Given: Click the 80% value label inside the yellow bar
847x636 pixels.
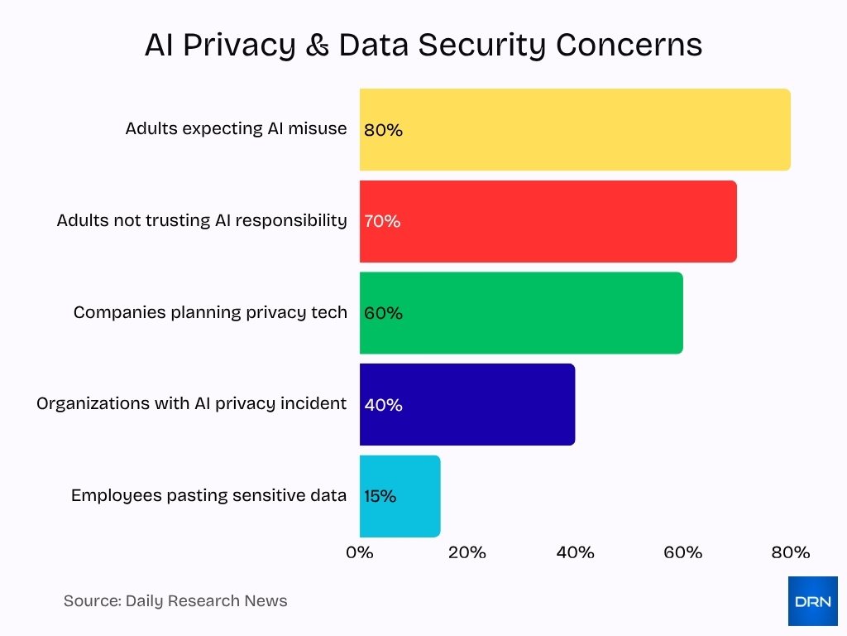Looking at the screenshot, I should point(383,130).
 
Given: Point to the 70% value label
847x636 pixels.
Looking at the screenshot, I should point(382,221).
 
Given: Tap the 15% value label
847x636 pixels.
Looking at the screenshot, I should point(380,496).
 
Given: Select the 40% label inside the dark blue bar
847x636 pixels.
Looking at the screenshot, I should point(383,405).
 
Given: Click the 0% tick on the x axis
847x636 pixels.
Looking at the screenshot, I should point(360,552).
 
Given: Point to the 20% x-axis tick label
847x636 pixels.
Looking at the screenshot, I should point(467,552).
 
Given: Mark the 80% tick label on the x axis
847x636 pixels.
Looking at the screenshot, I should point(790,552).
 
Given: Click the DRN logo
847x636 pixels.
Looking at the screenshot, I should point(812,600).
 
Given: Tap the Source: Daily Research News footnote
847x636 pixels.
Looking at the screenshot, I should point(175,601).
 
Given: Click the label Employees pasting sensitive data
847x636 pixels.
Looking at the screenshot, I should point(208,495).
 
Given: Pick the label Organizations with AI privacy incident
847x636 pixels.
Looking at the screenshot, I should point(192,403).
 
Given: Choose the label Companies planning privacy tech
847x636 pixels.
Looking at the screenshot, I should point(210,312).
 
